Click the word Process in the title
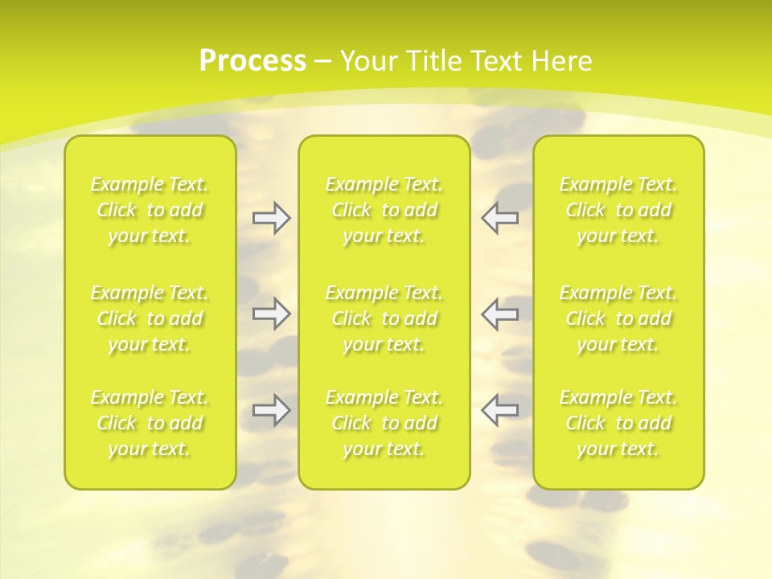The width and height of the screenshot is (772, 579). (x=253, y=61)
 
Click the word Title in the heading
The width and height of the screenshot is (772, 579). (x=429, y=61)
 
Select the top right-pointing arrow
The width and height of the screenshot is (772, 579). (x=271, y=218)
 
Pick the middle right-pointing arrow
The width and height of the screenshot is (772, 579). (x=271, y=314)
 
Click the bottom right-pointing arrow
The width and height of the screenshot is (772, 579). (x=271, y=409)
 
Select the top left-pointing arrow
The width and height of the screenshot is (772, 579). (x=499, y=218)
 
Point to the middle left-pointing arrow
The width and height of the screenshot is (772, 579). (x=499, y=314)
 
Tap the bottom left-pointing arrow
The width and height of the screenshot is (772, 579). (x=499, y=409)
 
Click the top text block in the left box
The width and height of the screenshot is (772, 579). (x=150, y=210)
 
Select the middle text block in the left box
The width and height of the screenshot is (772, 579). (x=150, y=318)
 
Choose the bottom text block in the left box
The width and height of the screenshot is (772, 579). (x=150, y=423)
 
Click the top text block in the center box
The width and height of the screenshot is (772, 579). (x=384, y=210)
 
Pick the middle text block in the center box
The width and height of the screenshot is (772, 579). (x=384, y=318)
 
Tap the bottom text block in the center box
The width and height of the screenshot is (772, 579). (x=384, y=423)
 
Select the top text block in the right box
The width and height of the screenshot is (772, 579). (x=618, y=210)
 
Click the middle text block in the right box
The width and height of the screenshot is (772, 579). (x=618, y=318)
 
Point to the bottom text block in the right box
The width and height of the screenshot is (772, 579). (x=618, y=423)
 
